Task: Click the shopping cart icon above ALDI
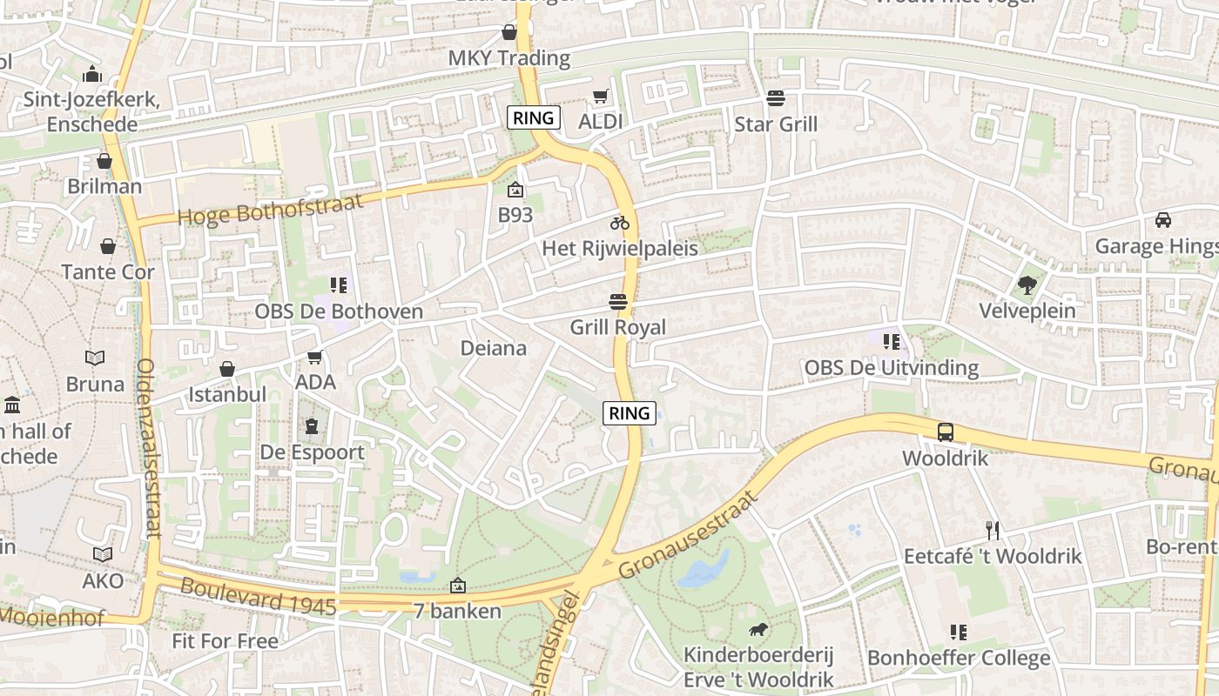(600, 96)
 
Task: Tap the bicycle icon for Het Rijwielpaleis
(620, 223)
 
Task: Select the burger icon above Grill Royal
(618, 302)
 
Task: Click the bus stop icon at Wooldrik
(946, 432)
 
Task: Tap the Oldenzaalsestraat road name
(149, 448)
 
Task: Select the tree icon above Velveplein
(1027, 284)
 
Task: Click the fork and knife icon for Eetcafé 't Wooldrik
(992, 530)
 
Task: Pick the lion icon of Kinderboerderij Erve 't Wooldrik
(758, 629)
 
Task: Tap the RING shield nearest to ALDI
(534, 117)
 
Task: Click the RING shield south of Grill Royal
(630, 412)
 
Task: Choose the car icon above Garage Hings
(1162, 220)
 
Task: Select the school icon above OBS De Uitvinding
(891, 342)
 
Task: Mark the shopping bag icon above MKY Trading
(509, 33)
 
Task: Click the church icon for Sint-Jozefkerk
(92, 75)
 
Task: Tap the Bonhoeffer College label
(959, 658)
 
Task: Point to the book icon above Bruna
(95, 358)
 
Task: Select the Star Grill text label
(776, 124)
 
